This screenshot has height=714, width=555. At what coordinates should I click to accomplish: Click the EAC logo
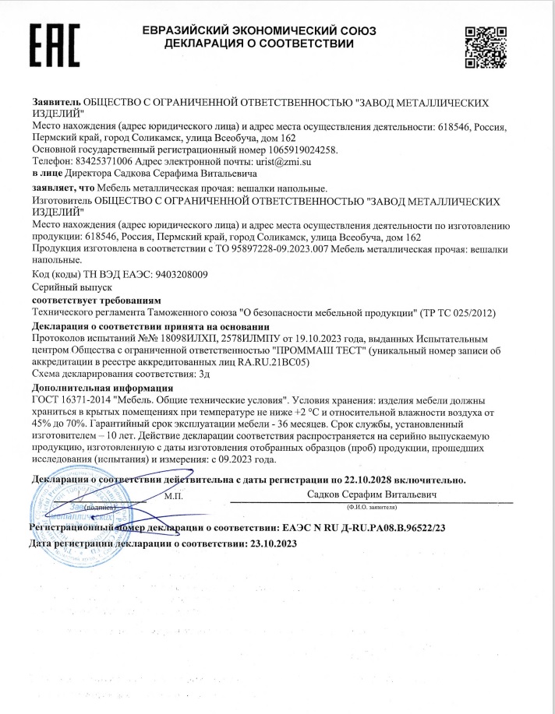(x=55, y=44)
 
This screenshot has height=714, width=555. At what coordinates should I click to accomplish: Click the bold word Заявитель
(x=56, y=103)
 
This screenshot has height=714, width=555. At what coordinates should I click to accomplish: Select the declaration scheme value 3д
(x=205, y=375)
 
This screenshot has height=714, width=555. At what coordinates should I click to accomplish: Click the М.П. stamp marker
(x=173, y=495)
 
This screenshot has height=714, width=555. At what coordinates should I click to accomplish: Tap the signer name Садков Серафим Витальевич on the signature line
(x=371, y=494)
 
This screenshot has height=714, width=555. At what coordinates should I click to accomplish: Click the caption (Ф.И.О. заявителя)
(x=371, y=507)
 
